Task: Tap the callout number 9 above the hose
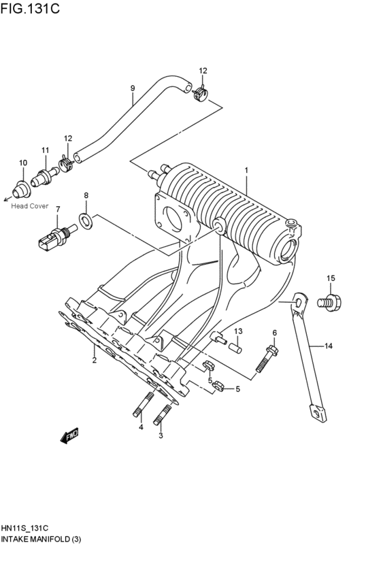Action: tap(133, 88)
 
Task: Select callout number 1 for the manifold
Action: tap(246, 170)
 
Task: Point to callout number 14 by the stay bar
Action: tap(328, 346)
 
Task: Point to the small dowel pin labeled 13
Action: tap(235, 348)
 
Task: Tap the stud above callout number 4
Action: tap(143, 404)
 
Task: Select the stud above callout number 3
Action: tap(163, 412)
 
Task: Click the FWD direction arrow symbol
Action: tap(70, 435)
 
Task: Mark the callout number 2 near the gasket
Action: tap(95, 360)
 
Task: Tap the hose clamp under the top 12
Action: tap(199, 93)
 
